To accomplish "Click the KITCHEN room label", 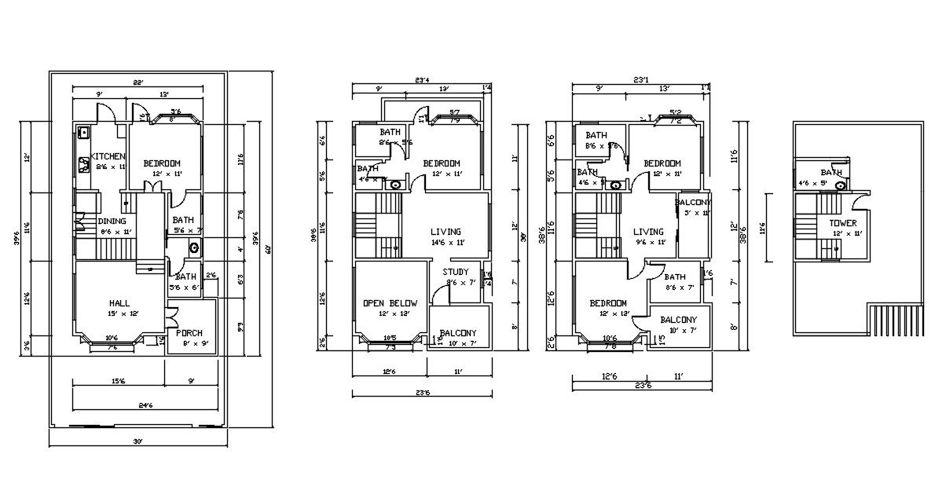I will (x=108, y=156).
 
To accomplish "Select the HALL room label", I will (x=120, y=303).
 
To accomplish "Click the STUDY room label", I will (x=457, y=272).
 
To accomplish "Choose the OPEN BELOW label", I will (x=390, y=303).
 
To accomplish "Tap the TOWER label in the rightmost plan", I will (x=843, y=223).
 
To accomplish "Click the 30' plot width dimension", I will (x=137, y=441).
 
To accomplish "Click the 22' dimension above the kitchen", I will (x=137, y=82).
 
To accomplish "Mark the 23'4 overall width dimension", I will (x=423, y=79).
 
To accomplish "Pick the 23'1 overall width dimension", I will (x=641, y=79).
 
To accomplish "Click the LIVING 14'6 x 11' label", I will (x=445, y=232).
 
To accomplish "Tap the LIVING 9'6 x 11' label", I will (x=649, y=232).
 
